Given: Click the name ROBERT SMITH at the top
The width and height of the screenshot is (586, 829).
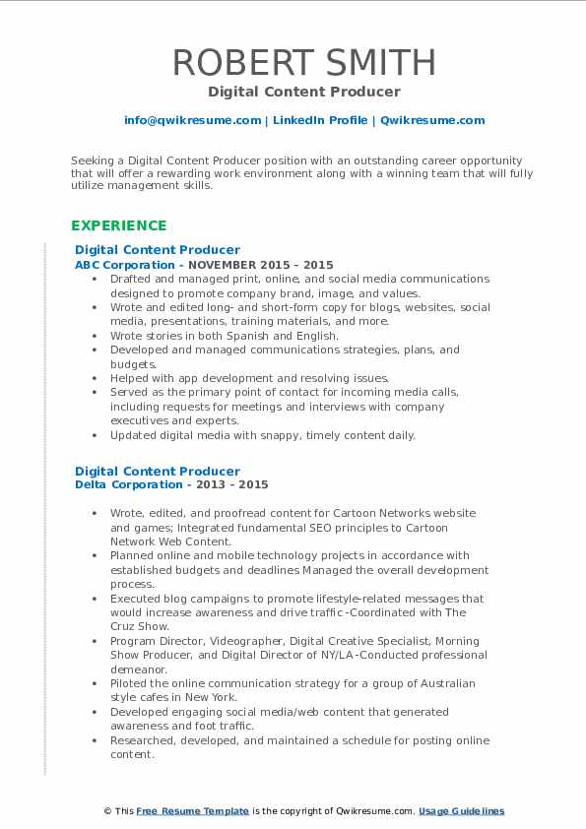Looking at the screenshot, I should tap(304, 63).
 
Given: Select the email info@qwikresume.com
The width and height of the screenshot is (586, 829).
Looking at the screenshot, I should tap(192, 120).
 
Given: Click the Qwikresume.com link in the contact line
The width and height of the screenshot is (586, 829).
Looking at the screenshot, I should tap(432, 120).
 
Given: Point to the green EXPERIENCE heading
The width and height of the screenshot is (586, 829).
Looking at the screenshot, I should tap(118, 225).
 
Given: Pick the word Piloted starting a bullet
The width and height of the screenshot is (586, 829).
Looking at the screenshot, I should tap(130, 683).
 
